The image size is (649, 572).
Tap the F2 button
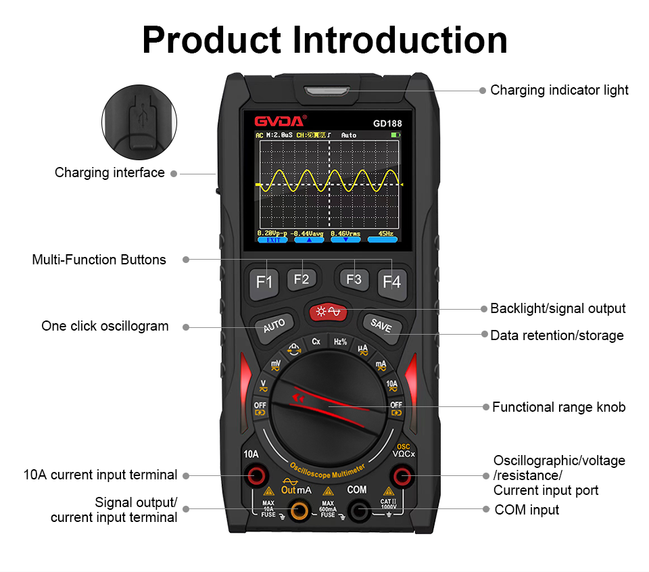coord(302,279)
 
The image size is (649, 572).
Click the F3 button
coord(354,279)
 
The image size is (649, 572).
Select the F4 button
coord(391,281)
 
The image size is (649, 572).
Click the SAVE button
coord(381,325)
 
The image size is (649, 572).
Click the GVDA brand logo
coord(280,122)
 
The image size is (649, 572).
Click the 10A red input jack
coord(255,476)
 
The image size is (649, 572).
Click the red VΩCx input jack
coord(404,476)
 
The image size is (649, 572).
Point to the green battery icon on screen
coord(395,135)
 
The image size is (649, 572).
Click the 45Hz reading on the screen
coord(386,233)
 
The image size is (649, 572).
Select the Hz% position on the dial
coord(340,342)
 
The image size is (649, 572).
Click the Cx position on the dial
coord(316,342)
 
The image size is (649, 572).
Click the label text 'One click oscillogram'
coord(105,326)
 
